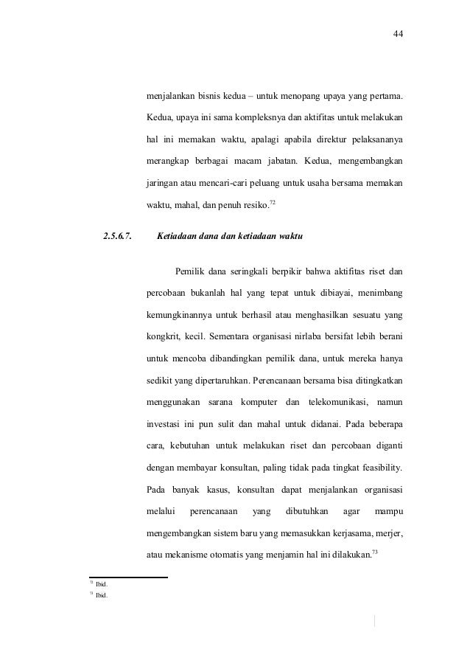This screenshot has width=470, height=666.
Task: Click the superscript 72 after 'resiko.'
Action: pos(273,201)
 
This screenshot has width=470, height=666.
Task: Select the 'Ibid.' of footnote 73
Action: pos(102,596)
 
